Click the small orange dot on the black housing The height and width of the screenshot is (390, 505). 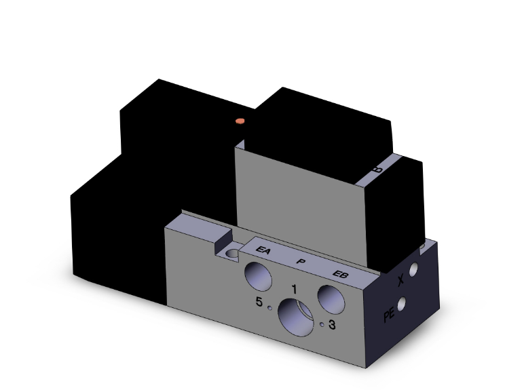click(x=238, y=121)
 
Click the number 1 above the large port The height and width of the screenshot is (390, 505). click(x=293, y=289)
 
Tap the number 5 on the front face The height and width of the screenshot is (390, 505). click(x=259, y=303)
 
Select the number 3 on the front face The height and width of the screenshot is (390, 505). click(x=332, y=325)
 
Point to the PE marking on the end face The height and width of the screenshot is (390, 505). click(x=389, y=315)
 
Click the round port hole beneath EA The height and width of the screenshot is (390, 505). click(x=259, y=275)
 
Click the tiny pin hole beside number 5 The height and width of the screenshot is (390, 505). click(x=270, y=307)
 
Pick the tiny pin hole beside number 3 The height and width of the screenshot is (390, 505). click(x=322, y=324)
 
